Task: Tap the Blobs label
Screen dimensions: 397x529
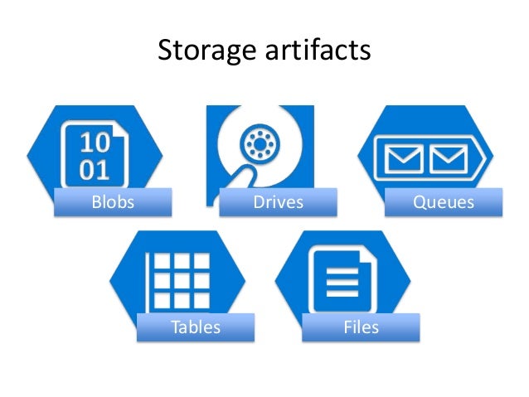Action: pos(112,202)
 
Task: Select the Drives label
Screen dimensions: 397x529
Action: pos(279,202)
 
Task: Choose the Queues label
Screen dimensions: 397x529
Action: pos(444,202)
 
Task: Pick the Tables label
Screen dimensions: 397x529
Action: pos(196,327)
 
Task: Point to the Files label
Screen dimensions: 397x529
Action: pos(361,327)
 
